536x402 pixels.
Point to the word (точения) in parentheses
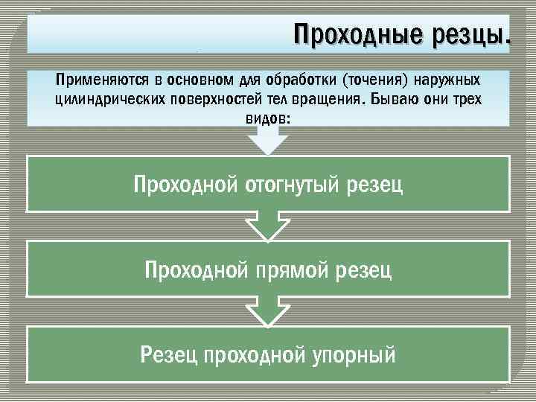coord(371,80)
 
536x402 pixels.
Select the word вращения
coord(319,100)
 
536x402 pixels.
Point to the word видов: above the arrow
coord(268,119)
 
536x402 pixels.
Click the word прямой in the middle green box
coord(293,269)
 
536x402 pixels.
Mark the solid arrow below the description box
coord(268,140)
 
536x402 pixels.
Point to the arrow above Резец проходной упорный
coord(268,310)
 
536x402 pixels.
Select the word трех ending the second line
coord(467,100)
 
